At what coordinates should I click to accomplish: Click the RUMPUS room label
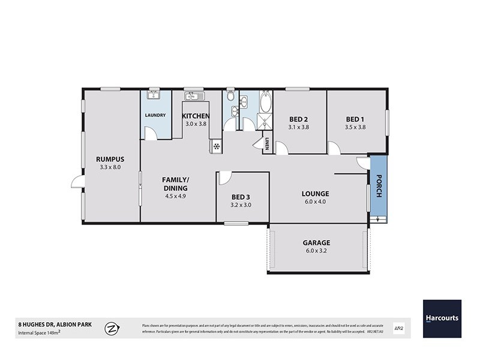(109, 159)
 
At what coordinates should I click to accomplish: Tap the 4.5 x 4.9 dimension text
(175, 196)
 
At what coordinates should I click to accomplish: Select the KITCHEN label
(196, 116)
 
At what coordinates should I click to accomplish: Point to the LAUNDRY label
(155, 116)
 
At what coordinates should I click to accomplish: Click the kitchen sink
(194, 96)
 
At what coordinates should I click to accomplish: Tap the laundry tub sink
(152, 94)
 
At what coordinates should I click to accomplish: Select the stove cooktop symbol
(215, 146)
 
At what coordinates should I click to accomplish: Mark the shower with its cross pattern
(265, 122)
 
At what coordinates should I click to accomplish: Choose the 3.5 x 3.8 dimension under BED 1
(355, 127)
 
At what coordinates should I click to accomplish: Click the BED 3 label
(242, 196)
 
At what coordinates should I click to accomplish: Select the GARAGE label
(316, 243)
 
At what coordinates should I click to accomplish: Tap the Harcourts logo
(442, 318)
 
